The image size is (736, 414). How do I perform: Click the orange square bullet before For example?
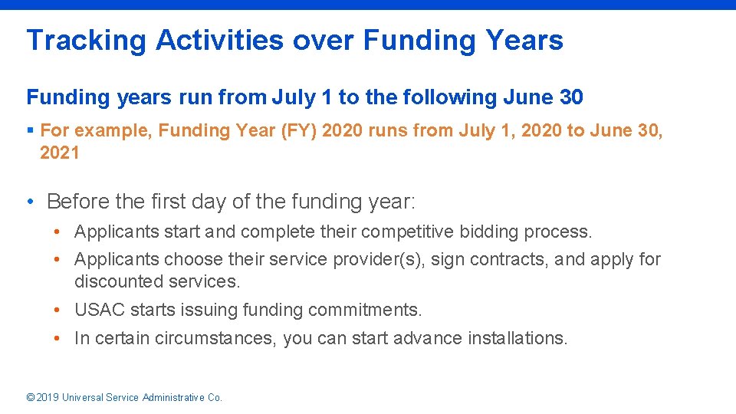pos(31,131)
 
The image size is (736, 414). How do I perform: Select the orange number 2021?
pos(60,153)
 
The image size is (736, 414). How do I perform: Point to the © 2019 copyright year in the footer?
pos(42,397)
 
